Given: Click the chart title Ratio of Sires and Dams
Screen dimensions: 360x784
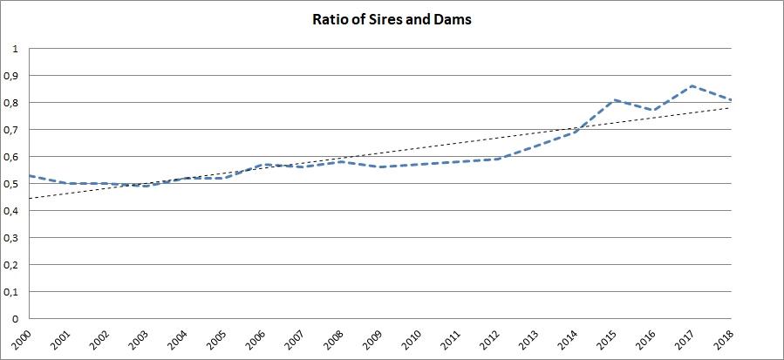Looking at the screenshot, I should point(392,18).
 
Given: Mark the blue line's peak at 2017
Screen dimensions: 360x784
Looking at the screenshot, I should point(692,86).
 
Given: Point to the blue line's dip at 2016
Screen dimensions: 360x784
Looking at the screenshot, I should point(653,111).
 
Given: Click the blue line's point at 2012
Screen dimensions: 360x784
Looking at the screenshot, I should point(496,160).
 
